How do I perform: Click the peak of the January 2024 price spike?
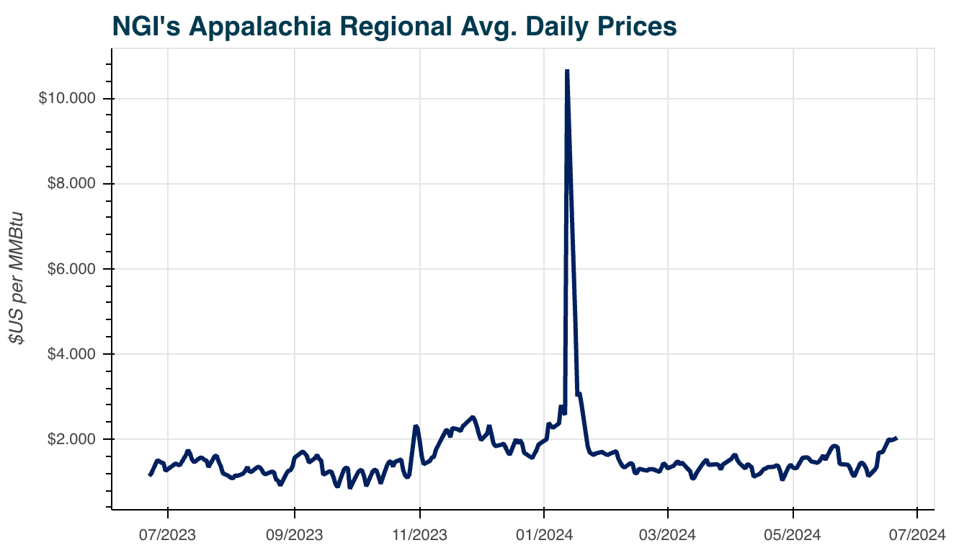(567, 71)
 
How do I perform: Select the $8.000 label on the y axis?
(69, 184)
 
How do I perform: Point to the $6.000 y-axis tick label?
(69, 269)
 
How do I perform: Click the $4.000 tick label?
(69, 354)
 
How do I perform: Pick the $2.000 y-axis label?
(69, 439)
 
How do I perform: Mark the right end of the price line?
(896, 438)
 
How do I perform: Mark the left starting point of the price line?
(150, 474)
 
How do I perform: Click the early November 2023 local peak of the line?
(416, 426)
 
